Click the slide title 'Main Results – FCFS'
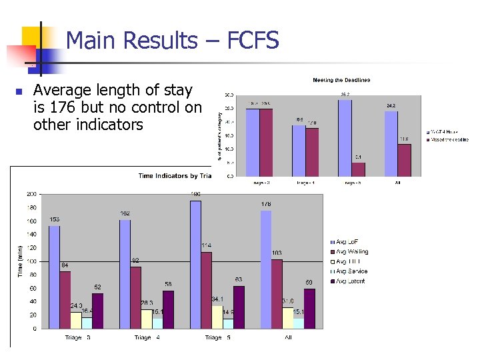(x=172, y=41)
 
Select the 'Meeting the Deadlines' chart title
(x=341, y=81)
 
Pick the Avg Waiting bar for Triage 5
(x=207, y=290)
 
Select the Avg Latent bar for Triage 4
(x=168, y=309)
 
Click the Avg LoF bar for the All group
(x=266, y=269)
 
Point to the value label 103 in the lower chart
(x=277, y=253)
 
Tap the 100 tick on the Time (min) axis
(x=31, y=261)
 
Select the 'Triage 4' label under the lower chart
(x=147, y=338)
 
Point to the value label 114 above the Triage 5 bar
(x=207, y=246)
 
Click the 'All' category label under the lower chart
(x=288, y=338)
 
